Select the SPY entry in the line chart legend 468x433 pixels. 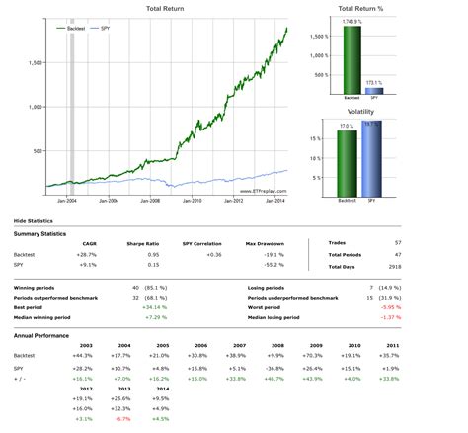[105, 29]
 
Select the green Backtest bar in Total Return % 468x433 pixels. [351, 59]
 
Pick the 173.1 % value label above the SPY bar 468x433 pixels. [373, 83]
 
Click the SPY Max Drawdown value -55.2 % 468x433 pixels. [259, 264]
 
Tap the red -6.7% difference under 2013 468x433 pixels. [123, 418]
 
